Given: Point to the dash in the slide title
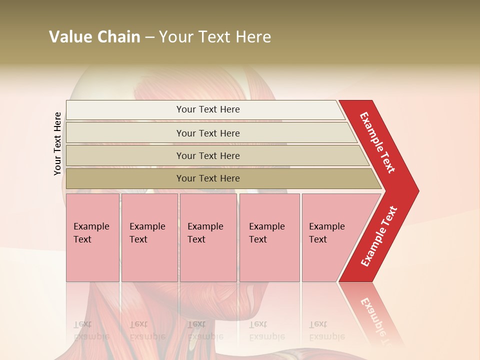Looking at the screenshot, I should pos(149,37).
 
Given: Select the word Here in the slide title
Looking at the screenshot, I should pos(253,37).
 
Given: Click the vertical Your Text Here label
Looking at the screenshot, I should pos(57,143).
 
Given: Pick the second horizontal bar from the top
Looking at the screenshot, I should pos(208,133).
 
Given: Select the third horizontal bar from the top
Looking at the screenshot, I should pos(208,155).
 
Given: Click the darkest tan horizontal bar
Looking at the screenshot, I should pos(208,178).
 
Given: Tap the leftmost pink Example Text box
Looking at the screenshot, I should pos(92,237).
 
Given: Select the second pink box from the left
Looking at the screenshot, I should pos(149,237).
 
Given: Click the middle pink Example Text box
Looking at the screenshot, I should pos(208,237).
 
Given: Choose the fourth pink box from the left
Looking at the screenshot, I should pos(269,237).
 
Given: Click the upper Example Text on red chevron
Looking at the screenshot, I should pos(377,142).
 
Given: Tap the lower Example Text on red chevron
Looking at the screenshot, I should pos(379,236).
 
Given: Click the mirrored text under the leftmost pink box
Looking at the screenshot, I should pos(91,330).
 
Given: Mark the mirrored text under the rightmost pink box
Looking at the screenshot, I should pos(326,330).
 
